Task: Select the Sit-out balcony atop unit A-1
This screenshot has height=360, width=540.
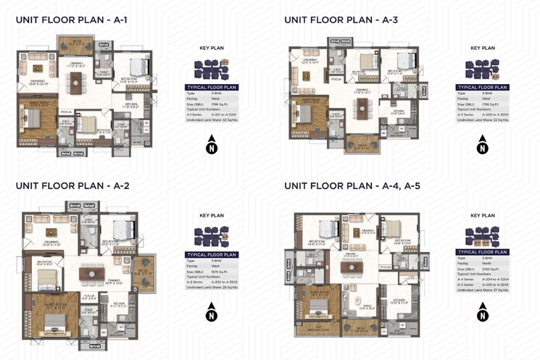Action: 75,43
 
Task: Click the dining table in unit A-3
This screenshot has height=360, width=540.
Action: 361,109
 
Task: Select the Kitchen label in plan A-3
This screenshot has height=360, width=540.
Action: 398,113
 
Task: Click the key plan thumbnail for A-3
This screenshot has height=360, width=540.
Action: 483,69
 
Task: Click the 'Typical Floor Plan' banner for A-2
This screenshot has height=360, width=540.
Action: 212,255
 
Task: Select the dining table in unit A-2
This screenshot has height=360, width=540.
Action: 92,274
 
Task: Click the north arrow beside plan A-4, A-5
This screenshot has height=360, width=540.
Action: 483,313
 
